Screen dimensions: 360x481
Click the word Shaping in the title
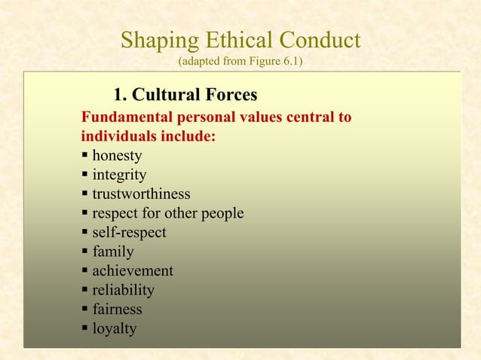point(156,40)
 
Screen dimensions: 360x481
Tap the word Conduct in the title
point(320,40)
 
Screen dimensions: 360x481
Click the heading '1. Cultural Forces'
point(185,96)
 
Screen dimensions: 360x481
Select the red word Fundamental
point(127,118)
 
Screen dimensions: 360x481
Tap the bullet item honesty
point(117,157)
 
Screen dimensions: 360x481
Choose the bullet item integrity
point(119,175)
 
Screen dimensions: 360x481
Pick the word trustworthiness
point(141,194)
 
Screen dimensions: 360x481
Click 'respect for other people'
point(167,214)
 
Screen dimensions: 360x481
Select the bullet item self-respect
point(129,233)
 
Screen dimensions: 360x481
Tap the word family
point(112,252)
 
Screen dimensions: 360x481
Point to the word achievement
point(132,271)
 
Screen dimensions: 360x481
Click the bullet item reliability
point(123,290)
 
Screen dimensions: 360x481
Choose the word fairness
point(117,310)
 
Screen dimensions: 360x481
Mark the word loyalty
point(115,328)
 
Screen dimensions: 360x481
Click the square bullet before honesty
point(84,157)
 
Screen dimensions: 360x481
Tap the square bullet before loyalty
point(84,328)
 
